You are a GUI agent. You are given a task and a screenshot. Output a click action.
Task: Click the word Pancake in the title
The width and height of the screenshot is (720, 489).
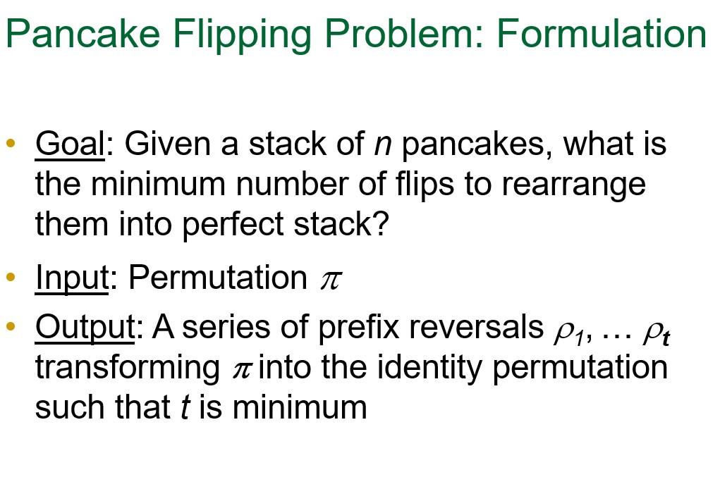83,33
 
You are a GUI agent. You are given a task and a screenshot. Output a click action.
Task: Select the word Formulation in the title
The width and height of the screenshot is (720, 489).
601,33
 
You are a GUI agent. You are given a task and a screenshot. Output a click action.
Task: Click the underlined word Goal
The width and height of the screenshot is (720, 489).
69,144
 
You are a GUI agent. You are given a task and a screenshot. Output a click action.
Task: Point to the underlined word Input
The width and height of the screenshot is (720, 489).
71,278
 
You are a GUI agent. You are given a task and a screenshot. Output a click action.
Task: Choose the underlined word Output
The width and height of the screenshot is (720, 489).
85,327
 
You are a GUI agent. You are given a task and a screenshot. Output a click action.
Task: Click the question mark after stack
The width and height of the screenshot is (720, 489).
381,224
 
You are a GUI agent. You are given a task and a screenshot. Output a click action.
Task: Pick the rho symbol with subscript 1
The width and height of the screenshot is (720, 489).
564,330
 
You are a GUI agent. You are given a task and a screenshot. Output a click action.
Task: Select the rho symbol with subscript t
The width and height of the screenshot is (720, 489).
652,330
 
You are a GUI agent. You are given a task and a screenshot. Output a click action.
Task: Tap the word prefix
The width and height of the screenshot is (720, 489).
359,327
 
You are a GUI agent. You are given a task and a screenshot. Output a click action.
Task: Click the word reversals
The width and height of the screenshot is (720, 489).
476,327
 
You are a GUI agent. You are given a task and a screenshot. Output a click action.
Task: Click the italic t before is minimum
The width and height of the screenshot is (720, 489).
185,408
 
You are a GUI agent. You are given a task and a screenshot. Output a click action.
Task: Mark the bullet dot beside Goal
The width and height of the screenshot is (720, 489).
10,144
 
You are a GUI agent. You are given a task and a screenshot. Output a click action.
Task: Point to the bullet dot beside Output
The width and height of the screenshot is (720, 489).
10,327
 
